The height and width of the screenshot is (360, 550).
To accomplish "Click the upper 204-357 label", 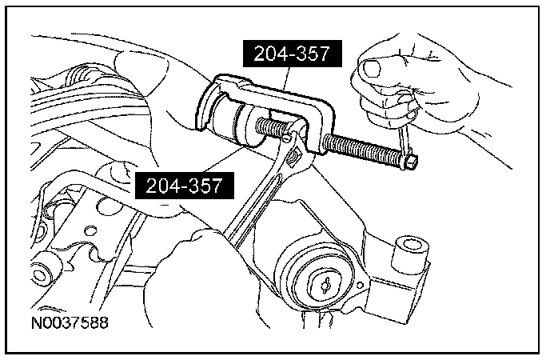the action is (x=293, y=54).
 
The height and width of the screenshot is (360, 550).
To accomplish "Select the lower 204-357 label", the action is (x=185, y=186).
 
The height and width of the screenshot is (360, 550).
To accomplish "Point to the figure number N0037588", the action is (x=70, y=323).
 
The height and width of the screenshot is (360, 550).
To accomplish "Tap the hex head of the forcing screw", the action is (x=410, y=163).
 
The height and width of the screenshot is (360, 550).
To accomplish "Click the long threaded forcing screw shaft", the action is (x=363, y=150).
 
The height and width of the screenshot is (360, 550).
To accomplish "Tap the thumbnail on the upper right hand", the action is (x=372, y=68).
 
